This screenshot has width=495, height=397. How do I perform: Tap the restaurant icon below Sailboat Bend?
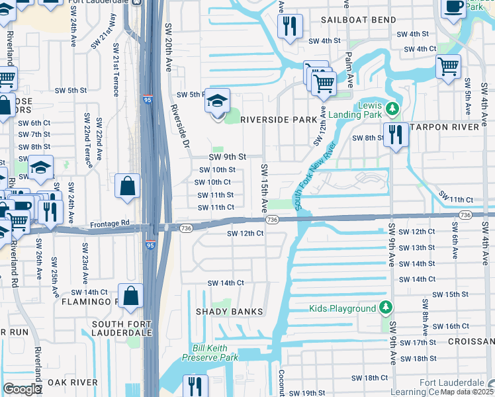point(289,27)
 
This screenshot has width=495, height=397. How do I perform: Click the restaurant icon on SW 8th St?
point(396,135)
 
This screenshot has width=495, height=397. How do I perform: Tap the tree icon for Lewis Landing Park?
point(392,107)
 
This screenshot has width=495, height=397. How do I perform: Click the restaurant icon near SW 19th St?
point(195,386)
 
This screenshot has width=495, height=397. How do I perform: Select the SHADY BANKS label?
point(229,311)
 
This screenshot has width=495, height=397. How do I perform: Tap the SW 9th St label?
point(227,157)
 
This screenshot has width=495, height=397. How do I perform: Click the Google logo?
point(22,389)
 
